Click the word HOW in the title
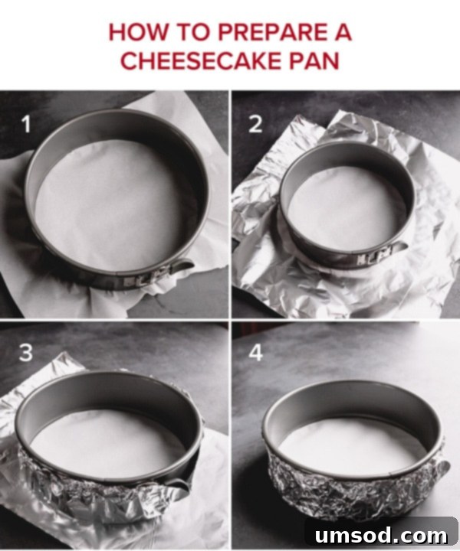(139, 33)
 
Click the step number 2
(255, 123)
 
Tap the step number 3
(26, 354)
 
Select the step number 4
(255, 354)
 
